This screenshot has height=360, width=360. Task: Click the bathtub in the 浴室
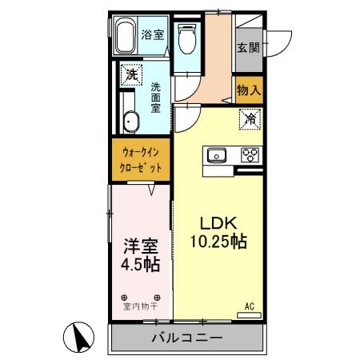pyautogui.click(x=126, y=37)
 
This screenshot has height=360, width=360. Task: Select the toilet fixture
pyautogui.click(x=187, y=38)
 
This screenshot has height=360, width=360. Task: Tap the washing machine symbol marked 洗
pyautogui.click(x=130, y=76)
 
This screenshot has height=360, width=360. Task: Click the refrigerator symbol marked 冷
pyautogui.click(x=249, y=122)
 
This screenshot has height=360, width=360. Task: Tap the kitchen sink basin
pyautogui.click(x=218, y=155)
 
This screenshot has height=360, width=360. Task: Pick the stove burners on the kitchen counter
pyautogui.click(x=249, y=155)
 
